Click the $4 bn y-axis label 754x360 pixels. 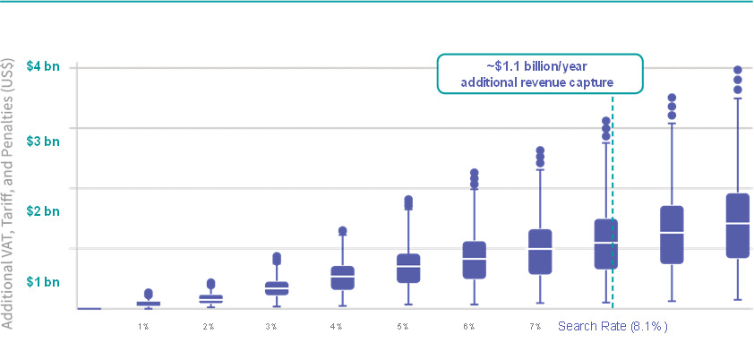coord(43,67)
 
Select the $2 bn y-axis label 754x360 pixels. coord(43,211)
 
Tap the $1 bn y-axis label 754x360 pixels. coord(43,283)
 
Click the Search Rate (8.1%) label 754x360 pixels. coord(613,325)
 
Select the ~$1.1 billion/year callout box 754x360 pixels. coord(540,73)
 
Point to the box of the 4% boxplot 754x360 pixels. coord(342,278)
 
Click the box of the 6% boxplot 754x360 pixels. coord(474,260)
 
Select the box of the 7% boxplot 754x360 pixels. coord(540,252)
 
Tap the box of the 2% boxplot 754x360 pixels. coord(210,299)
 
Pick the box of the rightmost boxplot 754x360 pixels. coord(738,226)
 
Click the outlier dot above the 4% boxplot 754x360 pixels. coord(342,231)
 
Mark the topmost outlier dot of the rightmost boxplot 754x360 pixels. coord(738,70)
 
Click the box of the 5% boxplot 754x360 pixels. coord(408,269)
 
